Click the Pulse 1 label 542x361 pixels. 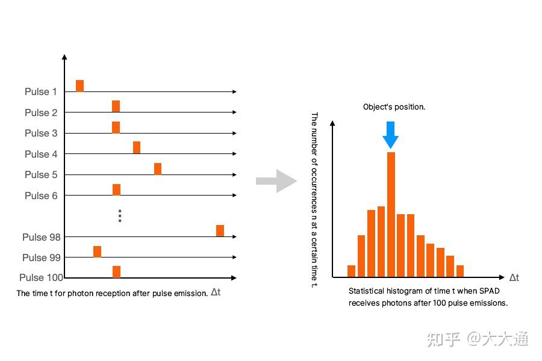[x=40, y=92]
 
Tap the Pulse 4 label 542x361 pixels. [x=40, y=154]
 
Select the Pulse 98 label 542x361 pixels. [x=40, y=237]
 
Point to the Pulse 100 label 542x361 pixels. [x=40, y=278]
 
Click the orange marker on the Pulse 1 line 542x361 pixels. [x=79, y=86]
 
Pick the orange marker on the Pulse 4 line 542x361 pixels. [x=137, y=147]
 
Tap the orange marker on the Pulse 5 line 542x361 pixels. [x=158, y=168]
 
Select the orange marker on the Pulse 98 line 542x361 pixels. [x=220, y=230]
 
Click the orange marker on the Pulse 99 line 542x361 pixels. [x=97, y=251]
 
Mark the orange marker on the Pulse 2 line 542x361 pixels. [x=116, y=106]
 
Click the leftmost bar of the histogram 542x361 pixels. [x=352, y=271]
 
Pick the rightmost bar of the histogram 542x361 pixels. [x=460, y=271]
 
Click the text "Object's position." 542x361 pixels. [x=394, y=107]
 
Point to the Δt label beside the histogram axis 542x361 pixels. [x=514, y=278]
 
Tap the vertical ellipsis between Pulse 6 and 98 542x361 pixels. [x=120, y=215]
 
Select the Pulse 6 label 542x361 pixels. [x=40, y=196]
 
